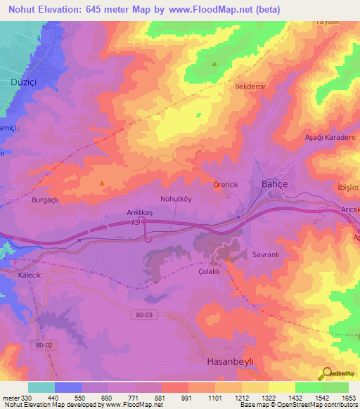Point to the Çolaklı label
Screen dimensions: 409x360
(210, 271)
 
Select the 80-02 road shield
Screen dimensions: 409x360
(44, 345)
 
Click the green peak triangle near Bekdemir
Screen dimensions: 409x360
(214, 64)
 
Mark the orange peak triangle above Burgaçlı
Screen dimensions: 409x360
(102, 183)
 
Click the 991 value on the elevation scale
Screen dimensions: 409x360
(186, 397)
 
